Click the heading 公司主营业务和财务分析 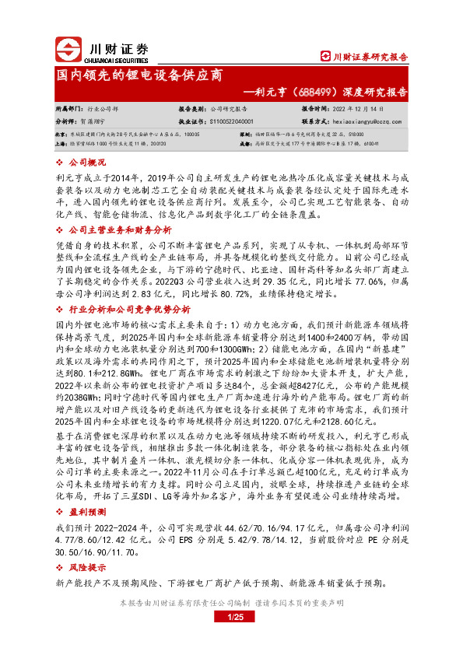(120, 230)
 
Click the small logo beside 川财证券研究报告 (326, 56)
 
